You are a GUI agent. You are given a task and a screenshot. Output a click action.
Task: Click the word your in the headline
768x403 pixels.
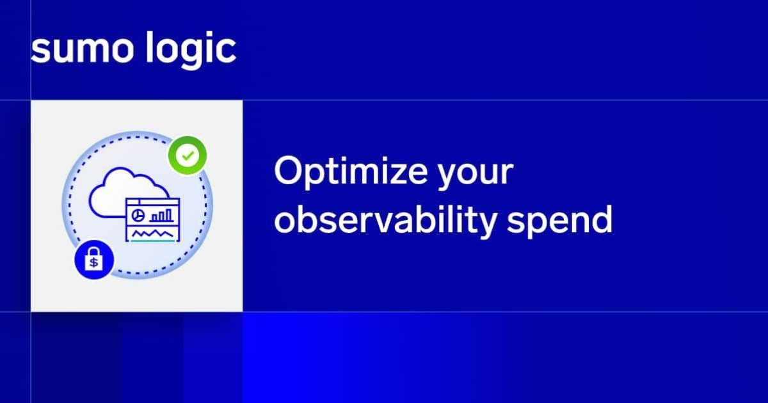point(477,174)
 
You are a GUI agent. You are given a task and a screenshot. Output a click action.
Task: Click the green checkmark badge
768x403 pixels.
point(188,155)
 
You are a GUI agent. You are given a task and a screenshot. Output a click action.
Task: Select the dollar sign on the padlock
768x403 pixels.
point(93,263)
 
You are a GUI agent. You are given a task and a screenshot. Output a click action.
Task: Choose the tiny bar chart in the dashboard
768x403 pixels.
point(164,213)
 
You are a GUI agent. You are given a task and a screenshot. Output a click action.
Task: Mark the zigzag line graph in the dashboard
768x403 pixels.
point(152,233)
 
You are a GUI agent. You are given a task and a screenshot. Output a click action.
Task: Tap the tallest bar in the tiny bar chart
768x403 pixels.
point(170,212)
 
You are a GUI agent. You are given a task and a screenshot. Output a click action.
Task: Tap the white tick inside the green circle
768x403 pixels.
point(188,155)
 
